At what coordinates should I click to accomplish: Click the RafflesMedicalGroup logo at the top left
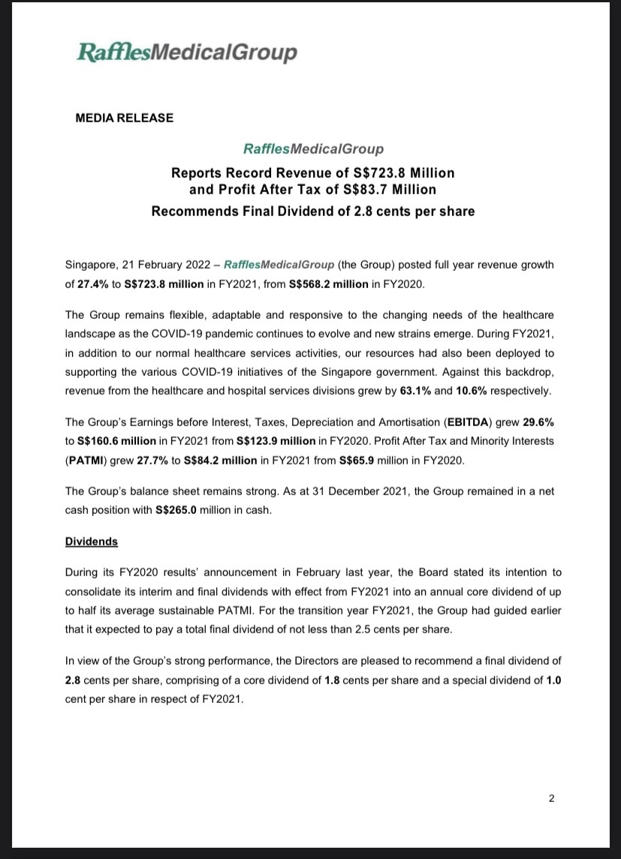click(x=187, y=53)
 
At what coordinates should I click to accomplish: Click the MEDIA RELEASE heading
click(x=125, y=118)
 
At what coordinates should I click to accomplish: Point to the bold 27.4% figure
click(x=93, y=285)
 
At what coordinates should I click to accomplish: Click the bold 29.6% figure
click(x=537, y=421)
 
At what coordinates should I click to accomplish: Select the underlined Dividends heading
click(x=92, y=541)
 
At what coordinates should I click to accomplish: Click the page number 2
click(x=551, y=798)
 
